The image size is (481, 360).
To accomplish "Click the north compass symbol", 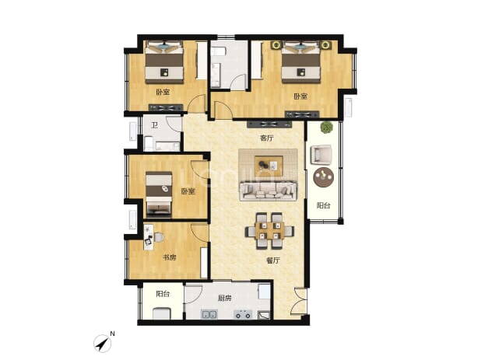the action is pos(103,343).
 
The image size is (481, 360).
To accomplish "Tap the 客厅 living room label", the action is pos(267,138).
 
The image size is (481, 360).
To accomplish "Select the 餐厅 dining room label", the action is pos(272,260).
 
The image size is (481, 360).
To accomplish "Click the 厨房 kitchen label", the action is pos(225,298).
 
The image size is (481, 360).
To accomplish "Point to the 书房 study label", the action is pos(170,257).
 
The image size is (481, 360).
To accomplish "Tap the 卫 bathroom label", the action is pos(155,125).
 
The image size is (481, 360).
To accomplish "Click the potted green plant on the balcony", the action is pos(327,128).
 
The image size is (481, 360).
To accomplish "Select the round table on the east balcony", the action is pos(324,177).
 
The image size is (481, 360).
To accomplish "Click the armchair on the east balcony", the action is pos(321,155).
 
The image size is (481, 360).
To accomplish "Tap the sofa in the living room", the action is pos(269,190).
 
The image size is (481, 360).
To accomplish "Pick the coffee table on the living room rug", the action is pos(269,166).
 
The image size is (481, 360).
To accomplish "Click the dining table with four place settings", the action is pos(269,231).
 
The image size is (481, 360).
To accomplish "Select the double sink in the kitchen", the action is pos(209,314).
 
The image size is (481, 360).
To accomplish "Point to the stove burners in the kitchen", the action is pos(243,314).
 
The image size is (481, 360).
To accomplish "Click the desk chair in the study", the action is pos(159,237).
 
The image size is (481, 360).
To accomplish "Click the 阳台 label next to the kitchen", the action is pos(163,294).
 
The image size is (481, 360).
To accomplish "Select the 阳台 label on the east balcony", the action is pos(323,205).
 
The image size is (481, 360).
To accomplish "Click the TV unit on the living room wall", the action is pos(269,124).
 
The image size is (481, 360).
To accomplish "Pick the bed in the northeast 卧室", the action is pos(301,62).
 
